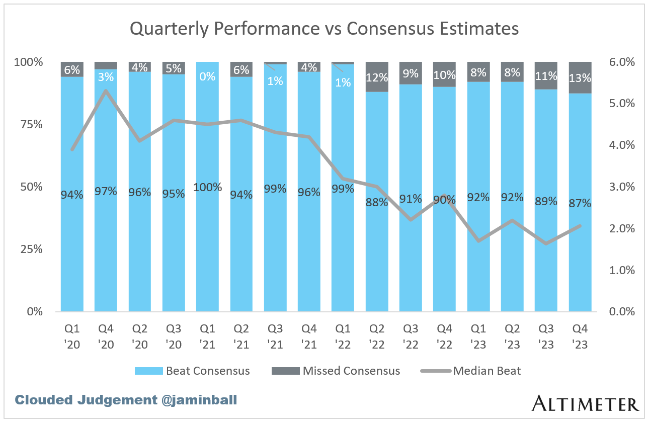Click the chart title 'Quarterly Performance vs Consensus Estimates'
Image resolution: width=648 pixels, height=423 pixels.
[324, 29]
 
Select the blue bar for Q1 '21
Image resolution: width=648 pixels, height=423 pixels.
[207, 241]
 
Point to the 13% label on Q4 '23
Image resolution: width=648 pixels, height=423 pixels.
[580, 78]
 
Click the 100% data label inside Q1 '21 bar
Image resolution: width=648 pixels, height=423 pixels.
[207, 187]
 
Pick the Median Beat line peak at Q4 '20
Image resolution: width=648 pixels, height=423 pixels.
[106, 91]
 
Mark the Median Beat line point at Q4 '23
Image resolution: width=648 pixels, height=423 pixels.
[580, 226]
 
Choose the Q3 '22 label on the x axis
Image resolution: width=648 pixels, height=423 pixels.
[411, 335]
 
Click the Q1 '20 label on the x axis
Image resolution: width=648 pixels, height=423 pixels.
[72, 335]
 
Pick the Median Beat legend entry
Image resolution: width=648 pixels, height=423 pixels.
[471, 371]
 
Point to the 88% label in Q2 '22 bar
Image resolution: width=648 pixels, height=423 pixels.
[377, 202]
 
